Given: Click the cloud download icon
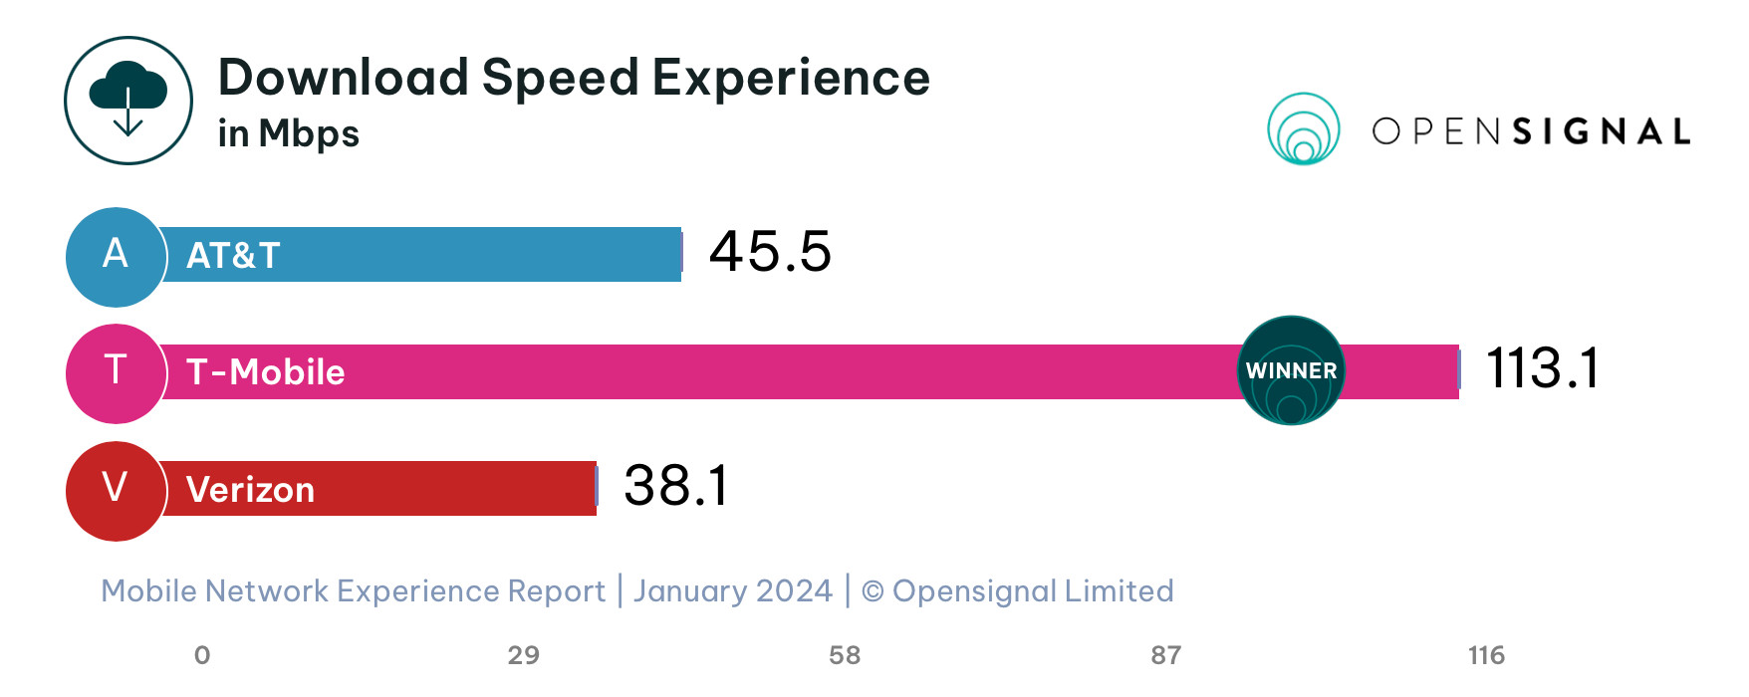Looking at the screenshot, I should click(128, 101).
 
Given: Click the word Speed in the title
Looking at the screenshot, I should click(560, 79).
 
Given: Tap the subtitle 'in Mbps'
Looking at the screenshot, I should click(288, 133).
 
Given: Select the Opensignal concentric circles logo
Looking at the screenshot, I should click(1303, 129).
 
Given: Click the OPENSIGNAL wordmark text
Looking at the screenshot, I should click(1531, 131).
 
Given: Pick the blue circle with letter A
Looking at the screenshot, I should click(116, 256).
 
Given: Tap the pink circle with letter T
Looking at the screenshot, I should click(116, 372).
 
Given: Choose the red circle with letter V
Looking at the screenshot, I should click(116, 490).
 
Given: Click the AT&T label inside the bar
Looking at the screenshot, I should click(233, 256).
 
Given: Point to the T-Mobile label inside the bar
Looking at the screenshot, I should click(265, 372).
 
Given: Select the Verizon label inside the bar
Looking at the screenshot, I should click(250, 490).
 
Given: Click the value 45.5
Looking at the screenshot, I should click(770, 251).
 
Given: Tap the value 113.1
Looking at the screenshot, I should click(1542, 368).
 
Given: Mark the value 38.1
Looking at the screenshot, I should click(675, 486).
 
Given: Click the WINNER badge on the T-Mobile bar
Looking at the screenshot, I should click(1291, 370).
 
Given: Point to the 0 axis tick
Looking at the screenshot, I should click(202, 655).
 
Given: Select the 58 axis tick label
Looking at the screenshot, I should click(845, 655).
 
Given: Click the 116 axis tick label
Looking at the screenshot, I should click(1486, 655).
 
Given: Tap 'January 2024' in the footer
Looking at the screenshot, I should click(733, 591).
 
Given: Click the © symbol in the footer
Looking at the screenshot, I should click(873, 591).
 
